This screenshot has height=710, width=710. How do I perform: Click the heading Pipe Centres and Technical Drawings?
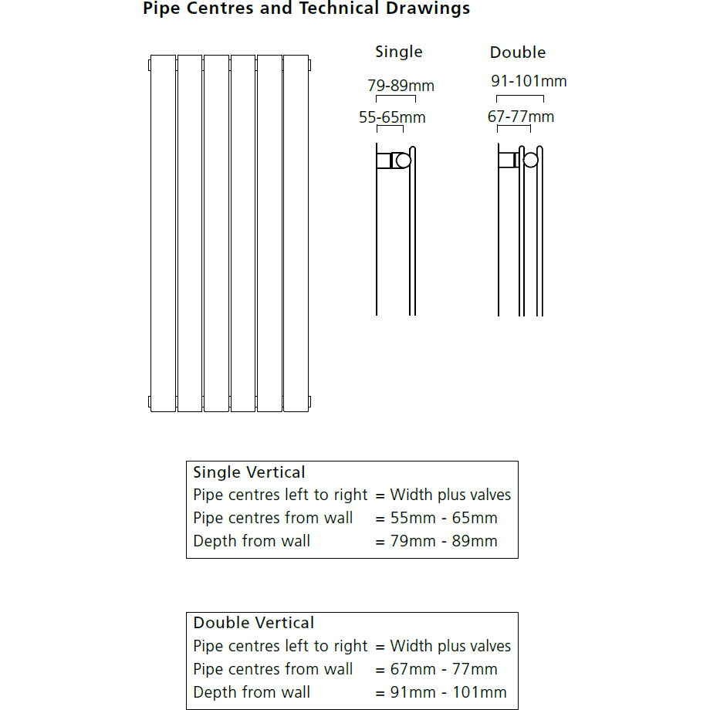click(x=306, y=9)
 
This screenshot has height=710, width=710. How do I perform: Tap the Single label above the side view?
click(x=399, y=52)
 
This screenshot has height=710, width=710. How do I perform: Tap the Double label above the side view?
click(x=518, y=52)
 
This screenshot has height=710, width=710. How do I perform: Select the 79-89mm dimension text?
click(x=401, y=86)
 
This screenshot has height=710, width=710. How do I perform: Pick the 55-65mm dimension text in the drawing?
click(x=392, y=118)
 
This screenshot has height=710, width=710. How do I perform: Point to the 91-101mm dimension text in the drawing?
click(x=529, y=81)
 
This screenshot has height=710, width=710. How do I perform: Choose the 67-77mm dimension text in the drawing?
click(x=521, y=117)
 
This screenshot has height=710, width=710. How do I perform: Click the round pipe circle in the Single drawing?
click(x=403, y=161)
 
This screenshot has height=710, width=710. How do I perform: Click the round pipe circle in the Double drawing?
click(x=531, y=161)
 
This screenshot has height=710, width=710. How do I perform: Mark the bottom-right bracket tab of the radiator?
click(x=310, y=401)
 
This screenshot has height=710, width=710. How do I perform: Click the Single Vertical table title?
click(x=249, y=472)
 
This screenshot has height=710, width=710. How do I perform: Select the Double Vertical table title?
click(x=254, y=623)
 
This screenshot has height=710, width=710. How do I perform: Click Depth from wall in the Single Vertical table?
click(x=252, y=541)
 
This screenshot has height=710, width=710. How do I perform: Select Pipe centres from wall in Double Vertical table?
click(x=273, y=669)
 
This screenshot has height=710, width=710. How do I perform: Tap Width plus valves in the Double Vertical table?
click(x=451, y=646)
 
